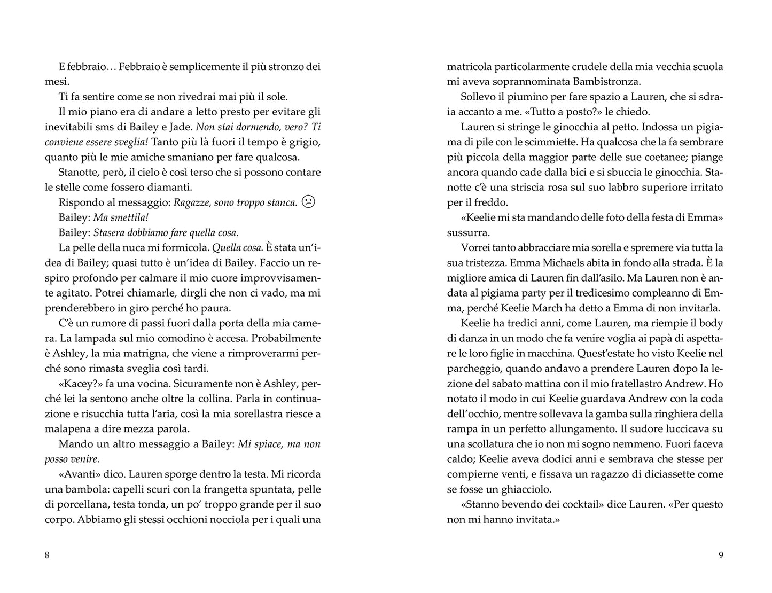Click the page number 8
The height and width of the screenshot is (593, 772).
click(47, 555)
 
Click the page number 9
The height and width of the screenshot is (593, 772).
click(721, 555)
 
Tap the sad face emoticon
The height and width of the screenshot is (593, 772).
click(308, 202)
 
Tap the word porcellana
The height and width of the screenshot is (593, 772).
click(79, 504)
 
